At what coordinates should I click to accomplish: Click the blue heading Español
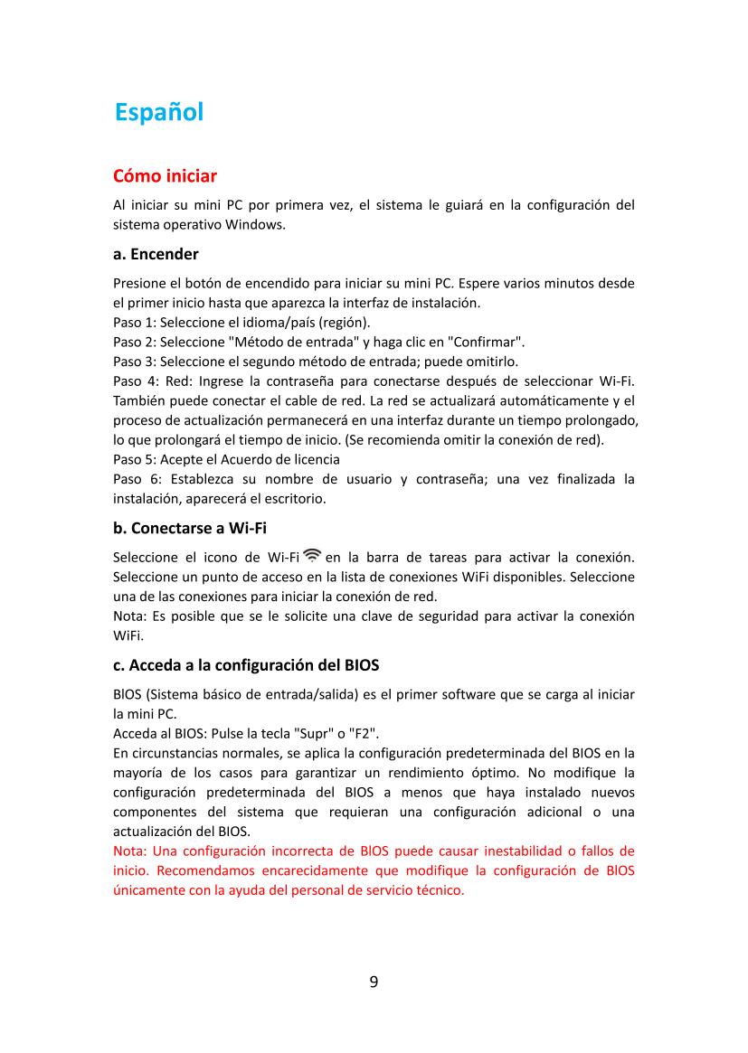[x=159, y=113]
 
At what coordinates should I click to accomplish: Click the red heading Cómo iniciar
[x=165, y=175]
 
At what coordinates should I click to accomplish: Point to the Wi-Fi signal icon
[x=312, y=555]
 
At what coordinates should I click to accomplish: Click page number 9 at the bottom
[x=374, y=982]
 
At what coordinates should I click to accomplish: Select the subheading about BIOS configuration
[x=245, y=666]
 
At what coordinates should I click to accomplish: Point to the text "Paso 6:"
[x=136, y=479]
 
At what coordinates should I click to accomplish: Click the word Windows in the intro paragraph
[x=256, y=224]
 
